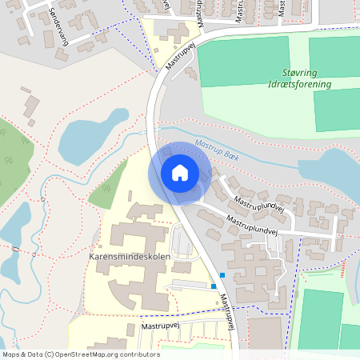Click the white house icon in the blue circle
(179, 173)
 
